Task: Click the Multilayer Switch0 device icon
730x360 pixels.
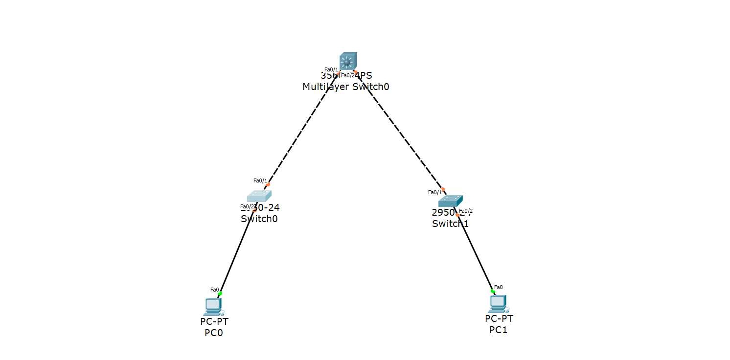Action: point(348,61)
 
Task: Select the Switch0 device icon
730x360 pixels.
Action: point(259,196)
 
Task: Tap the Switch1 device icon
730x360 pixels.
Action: point(450,201)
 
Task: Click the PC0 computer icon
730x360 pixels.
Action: point(213,306)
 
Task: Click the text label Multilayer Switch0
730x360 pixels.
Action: point(346,87)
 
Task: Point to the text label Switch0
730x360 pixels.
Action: point(259,219)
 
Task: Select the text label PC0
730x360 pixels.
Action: point(214,333)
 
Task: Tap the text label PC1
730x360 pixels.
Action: point(499,330)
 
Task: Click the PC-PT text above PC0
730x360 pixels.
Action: point(214,321)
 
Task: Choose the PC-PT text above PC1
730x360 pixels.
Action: point(499,318)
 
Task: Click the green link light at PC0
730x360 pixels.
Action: point(220,293)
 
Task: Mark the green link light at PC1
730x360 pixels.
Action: point(493,291)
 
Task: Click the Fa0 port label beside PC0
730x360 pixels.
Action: point(214,290)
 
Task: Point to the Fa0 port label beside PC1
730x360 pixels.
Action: point(498,287)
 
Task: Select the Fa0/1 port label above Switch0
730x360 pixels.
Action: point(259,180)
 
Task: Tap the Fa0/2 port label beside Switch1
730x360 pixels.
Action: point(466,211)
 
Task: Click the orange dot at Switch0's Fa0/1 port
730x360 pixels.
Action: point(268,184)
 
